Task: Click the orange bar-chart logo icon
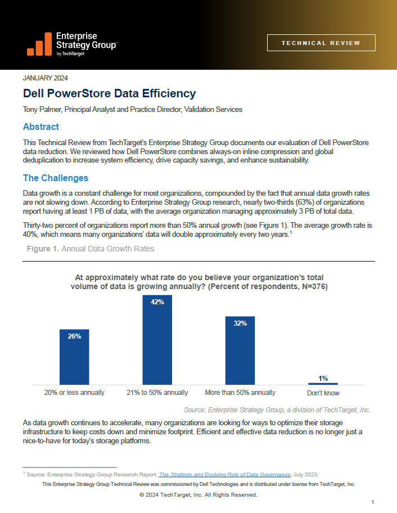click(39, 44)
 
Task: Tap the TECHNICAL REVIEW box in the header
click(321, 43)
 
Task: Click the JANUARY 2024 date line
click(46, 78)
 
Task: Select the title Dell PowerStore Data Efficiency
click(109, 93)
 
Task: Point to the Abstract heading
click(41, 127)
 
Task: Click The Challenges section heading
click(56, 178)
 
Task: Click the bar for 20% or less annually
click(74, 357)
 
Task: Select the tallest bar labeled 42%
click(157, 340)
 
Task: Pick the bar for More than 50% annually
click(240, 350)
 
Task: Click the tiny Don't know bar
click(323, 384)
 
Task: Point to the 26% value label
click(74, 336)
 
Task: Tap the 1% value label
click(323, 379)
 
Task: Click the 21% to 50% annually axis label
click(157, 393)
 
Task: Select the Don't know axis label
click(323, 393)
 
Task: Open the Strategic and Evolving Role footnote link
click(225, 474)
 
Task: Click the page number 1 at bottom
click(373, 502)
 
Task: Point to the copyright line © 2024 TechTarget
click(198, 495)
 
